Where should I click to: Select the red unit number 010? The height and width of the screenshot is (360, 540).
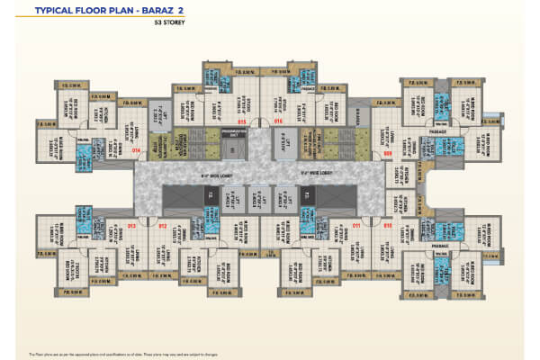pos(387,225)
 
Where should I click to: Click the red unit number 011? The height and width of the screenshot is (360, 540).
pos(356,225)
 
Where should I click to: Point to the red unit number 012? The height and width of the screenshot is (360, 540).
pos(163,225)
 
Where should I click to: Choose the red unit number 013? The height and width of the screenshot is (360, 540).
pos(131,225)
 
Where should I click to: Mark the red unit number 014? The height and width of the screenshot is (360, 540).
pos(136,151)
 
